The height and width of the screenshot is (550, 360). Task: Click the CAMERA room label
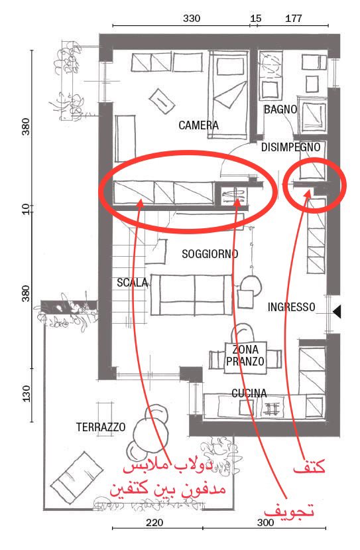point(198,125)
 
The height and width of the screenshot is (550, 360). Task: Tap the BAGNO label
point(280,109)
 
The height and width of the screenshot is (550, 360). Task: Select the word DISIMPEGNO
point(290,147)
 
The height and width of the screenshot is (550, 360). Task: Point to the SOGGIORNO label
point(210,253)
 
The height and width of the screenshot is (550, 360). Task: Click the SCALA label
point(132,283)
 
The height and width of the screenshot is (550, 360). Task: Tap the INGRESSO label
point(291,307)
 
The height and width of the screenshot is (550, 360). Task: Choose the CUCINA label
point(249,393)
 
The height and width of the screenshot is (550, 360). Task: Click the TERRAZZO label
point(101,427)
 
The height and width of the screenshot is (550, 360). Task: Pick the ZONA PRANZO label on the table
point(245,356)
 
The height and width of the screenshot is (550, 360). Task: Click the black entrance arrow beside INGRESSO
point(337,311)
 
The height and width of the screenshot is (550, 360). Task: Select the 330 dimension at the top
point(192,18)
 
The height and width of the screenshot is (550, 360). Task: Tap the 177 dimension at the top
point(294,18)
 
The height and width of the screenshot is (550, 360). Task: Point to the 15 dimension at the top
point(255,18)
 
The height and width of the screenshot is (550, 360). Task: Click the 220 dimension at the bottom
point(154,523)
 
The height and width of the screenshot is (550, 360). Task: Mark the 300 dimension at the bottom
point(265,523)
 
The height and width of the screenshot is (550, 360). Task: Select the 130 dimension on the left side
point(27,393)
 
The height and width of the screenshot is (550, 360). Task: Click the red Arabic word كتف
point(310,467)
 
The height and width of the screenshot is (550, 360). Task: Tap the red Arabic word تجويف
point(288,511)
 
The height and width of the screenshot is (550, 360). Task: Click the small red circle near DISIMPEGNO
point(314,185)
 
